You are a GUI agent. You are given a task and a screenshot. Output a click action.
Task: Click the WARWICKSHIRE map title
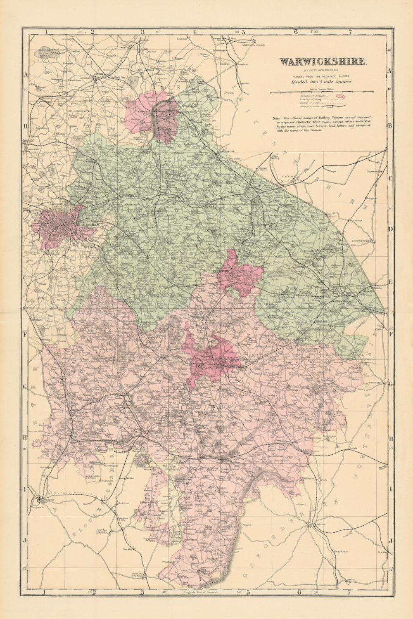click(323, 62)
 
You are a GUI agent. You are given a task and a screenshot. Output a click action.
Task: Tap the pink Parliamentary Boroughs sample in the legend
click(340, 96)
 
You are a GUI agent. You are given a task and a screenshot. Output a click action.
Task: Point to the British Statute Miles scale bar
click(322, 91)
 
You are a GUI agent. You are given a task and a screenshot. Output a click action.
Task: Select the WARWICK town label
click(209, 366)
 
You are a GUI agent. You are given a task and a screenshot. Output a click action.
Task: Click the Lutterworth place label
click(363, 240)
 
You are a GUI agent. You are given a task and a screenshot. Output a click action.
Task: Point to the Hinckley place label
click(288, 177)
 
